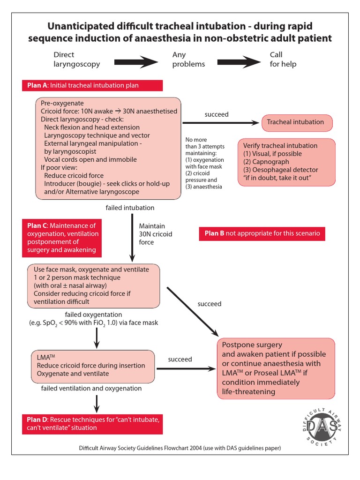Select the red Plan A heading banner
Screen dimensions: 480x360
point(92,85)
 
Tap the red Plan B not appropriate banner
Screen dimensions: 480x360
point(262,233)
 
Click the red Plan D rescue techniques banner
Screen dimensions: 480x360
point(92,423)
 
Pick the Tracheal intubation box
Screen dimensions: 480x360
point(295,122)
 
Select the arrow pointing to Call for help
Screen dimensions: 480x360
point(239,60)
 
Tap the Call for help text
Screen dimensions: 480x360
point(283,60)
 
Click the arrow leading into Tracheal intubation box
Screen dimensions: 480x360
point(220,123)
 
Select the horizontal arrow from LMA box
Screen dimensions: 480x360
point(185,369)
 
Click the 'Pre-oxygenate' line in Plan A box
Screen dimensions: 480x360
point(62,103)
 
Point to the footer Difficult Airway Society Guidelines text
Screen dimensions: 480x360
point(180,448)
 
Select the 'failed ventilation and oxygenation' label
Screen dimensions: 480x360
point(91,388)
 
